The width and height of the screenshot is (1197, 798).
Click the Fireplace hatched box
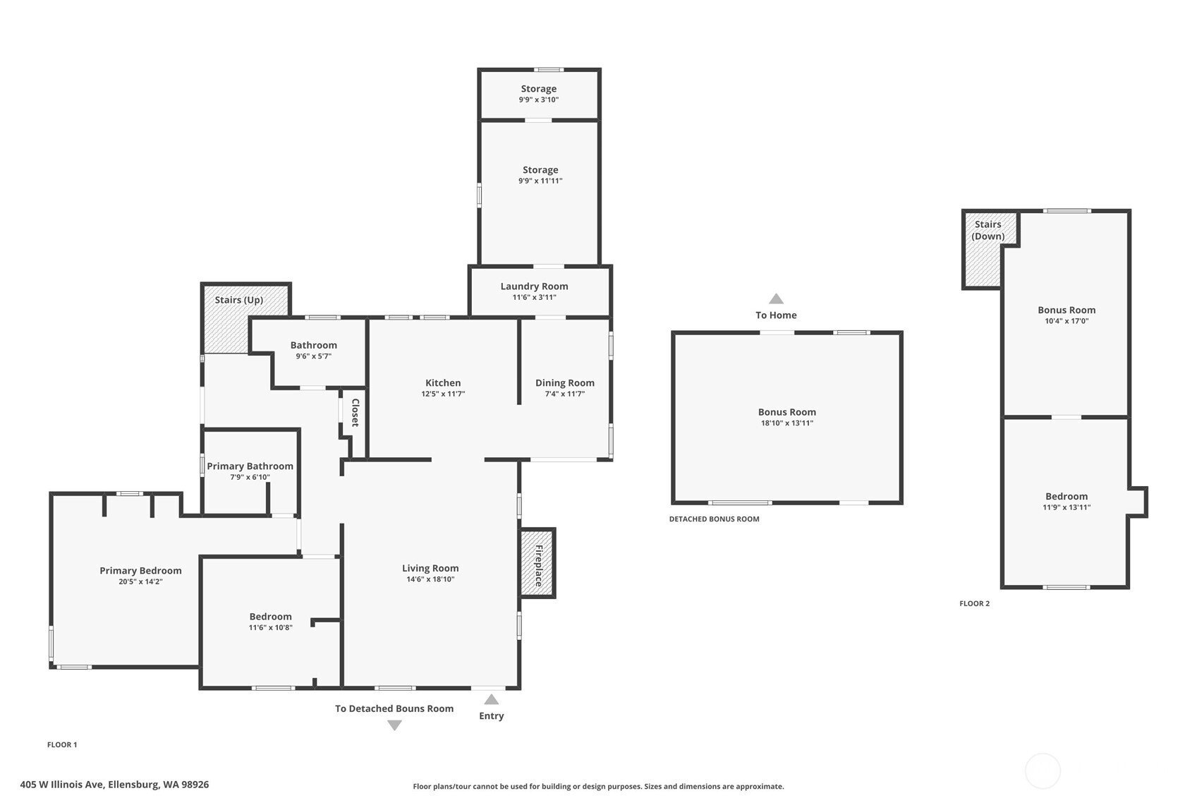[537, 563]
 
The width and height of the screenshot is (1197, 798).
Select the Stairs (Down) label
[988, 230]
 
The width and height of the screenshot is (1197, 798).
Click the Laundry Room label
[534, 286]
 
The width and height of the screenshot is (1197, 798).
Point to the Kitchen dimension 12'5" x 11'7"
[443, 394]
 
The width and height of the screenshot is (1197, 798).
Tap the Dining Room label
[565, 382]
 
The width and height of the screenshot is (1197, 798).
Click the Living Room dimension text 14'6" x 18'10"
[430, 579]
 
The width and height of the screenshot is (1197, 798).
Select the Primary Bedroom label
[140, 570]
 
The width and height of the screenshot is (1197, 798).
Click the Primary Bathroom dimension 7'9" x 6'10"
[250, 477]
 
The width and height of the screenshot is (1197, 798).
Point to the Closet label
[355, 412]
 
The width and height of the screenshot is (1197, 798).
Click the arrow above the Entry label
[491, 699]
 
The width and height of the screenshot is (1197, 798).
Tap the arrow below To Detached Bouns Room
[394, 725]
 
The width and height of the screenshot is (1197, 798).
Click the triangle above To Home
[776, 298]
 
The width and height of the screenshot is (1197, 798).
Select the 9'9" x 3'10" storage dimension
[539, 99]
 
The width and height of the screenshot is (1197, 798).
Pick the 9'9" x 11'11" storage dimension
[540, 181]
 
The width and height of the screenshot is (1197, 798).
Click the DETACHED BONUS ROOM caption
[714, 519]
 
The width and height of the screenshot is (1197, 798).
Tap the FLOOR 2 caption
[974, 603]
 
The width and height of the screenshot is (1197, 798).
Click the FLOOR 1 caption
[62, 744]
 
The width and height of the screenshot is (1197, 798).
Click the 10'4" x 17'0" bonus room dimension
[1067, 321]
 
